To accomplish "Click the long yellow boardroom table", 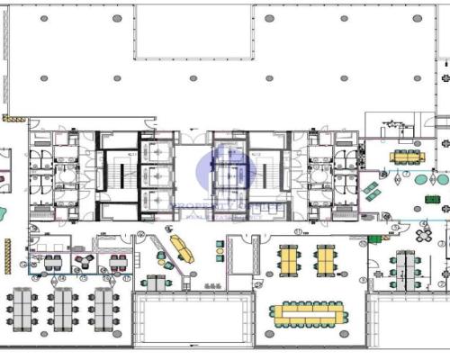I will pos(307,312).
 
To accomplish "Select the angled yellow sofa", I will pos(181,248).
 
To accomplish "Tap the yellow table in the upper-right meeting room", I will pos(405,157).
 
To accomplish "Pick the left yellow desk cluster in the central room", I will pos(290,260).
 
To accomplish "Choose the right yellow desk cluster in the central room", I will pos(324,260).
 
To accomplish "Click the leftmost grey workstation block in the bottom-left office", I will pos(23,308).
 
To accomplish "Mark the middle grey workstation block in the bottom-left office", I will pos(63,308).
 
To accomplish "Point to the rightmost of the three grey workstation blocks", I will pos(101,308).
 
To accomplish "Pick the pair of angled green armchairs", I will pos(371,191).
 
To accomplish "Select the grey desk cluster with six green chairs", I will pos(405,267).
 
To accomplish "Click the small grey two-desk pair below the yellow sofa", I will pos(156,283).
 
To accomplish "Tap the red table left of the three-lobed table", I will pos(50,262).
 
